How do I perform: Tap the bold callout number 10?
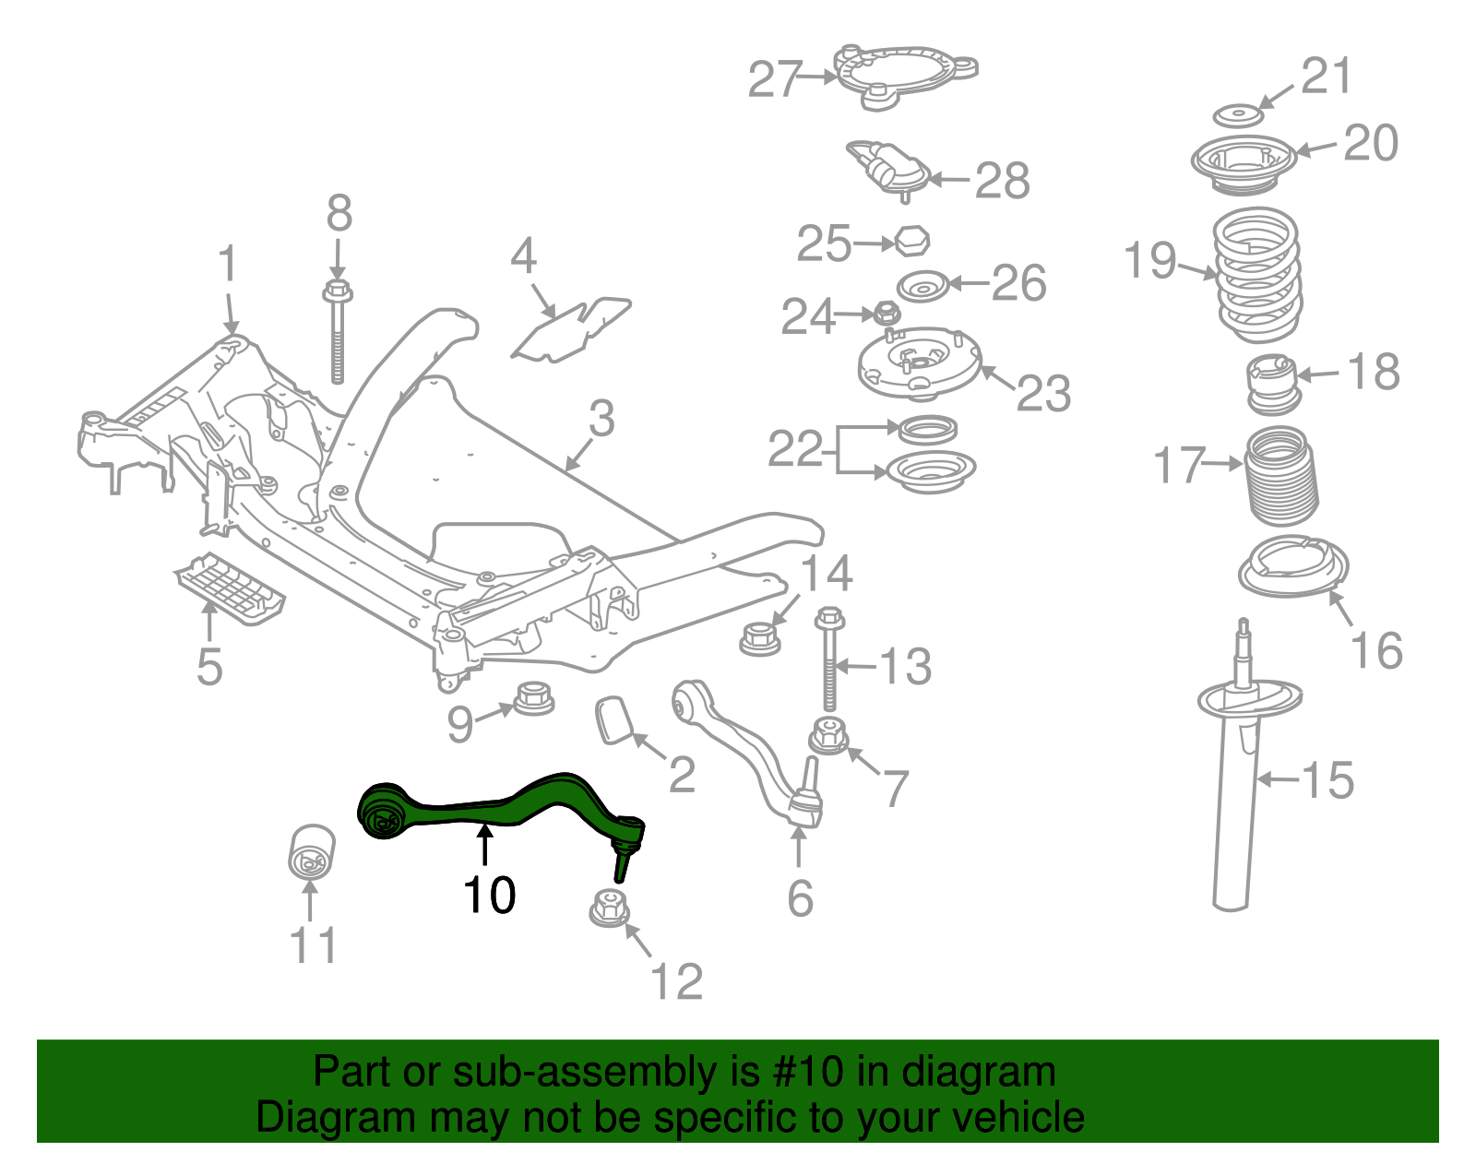489,896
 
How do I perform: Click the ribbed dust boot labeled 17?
1281,477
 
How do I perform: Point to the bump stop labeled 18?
1273,384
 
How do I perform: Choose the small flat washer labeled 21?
1236,116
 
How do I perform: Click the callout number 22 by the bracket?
794,449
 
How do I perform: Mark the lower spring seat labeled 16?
1292,566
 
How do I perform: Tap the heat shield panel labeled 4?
572,330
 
